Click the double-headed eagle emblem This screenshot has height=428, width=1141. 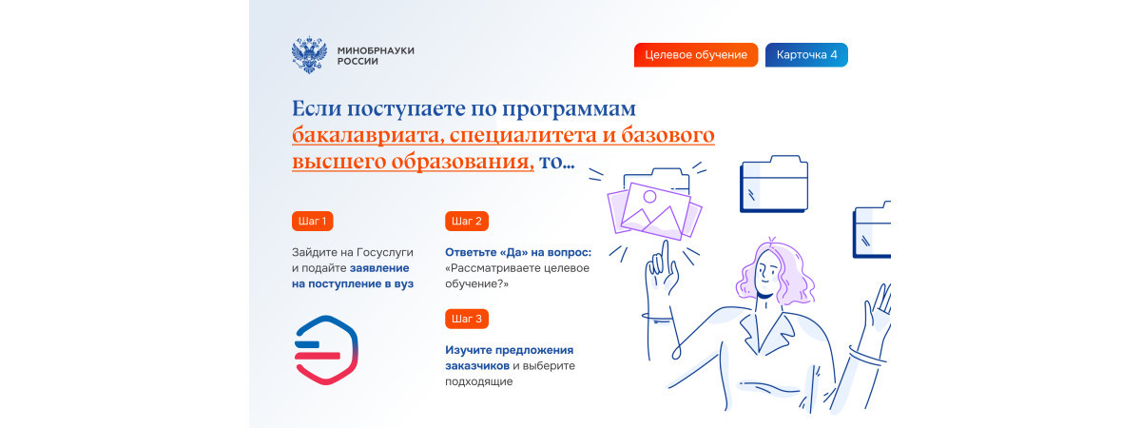tap(309, 55)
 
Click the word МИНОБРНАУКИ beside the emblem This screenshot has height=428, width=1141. tap(376, 50)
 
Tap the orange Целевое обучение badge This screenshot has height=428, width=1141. tap(696, 55)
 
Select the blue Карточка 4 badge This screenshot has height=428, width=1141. tap(806, 55)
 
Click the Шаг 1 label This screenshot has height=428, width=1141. tap(312, 221)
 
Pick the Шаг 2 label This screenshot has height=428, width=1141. tap(467, 221)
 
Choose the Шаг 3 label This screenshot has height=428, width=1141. tap(467, 319)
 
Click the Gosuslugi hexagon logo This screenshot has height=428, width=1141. tap(326, 350)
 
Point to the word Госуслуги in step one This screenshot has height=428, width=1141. tap(384, 253)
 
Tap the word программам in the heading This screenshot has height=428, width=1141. tap(569, 109)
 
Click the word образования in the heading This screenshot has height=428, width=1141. tap(462, 162)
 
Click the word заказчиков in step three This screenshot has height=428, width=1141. tap(477, 366)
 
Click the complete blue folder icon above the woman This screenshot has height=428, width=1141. tap(774, 184)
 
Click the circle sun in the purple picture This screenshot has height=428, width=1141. tap(649, 197)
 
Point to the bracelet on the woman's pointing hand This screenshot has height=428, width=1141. tap(657, 318)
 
